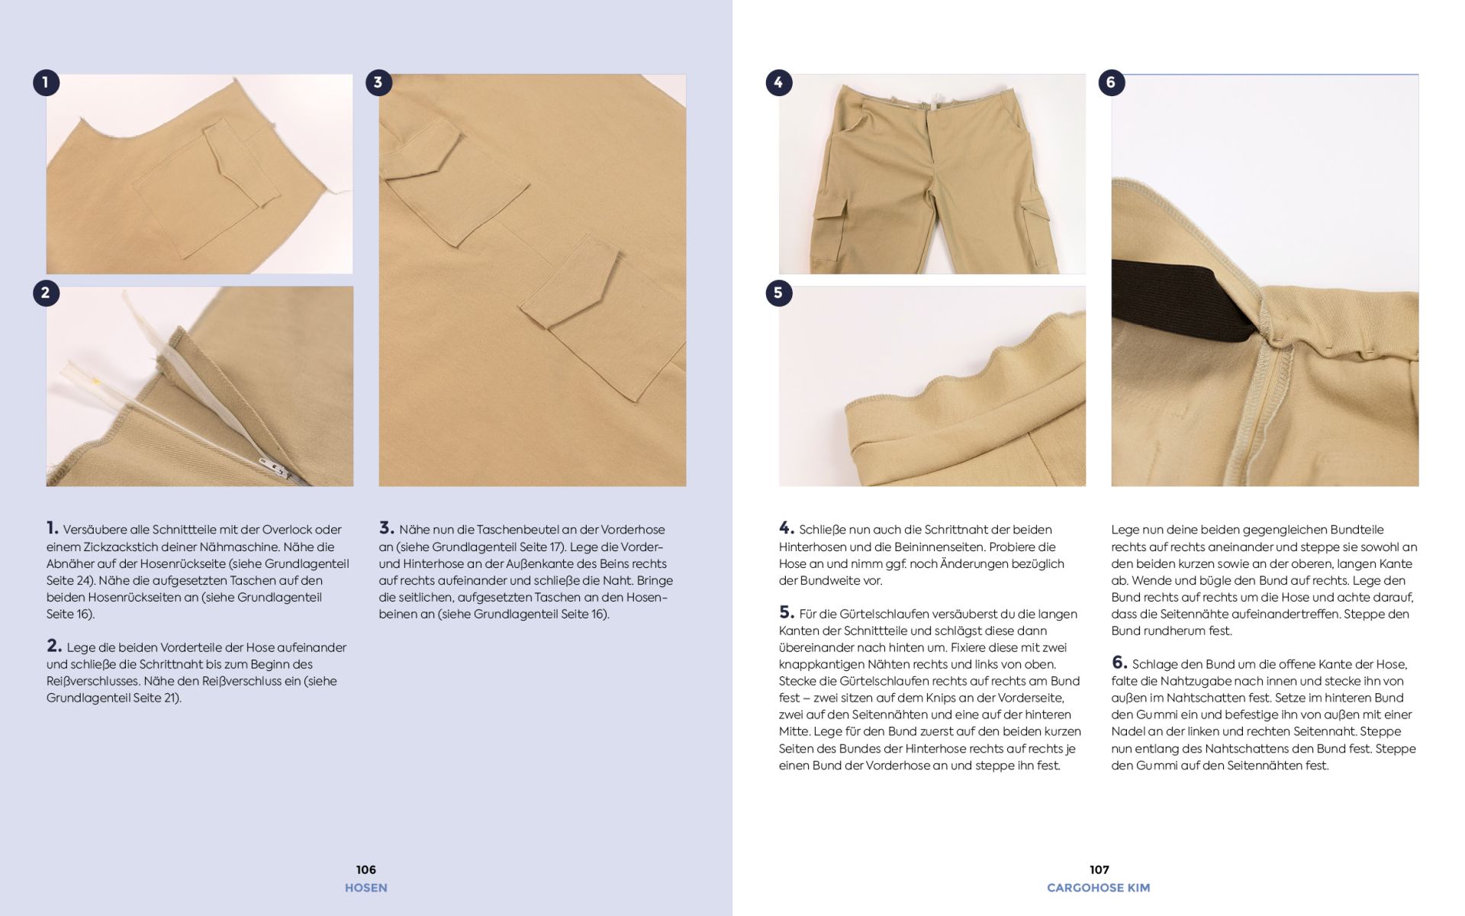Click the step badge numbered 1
[46, 82]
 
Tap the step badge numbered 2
[46, 292]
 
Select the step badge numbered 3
[378, 82]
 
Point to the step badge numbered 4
[778, 82]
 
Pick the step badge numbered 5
[778, 292]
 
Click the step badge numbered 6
[1111, 82]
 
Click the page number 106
[365, 869]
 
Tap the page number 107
[1099, 869]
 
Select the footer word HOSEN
[365, 888]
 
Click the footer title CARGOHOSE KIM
[1098, 888]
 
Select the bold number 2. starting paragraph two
[54, 646]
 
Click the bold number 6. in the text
[1119, 663]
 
